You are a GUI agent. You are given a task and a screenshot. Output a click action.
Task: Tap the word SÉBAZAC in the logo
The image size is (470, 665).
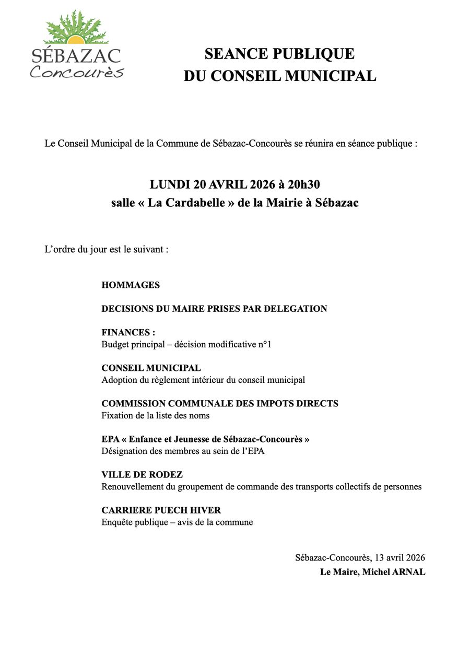pyautogui.click(x=76, y=56)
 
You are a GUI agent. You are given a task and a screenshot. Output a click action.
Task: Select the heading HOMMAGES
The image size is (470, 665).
pyautogui.click(x=131, y=285)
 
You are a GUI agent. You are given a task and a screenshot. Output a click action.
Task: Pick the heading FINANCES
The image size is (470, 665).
pyautogui.click(x=127, y=333)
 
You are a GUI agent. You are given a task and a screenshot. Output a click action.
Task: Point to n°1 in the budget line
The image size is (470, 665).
pyautogui.click(x=266, y=345)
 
